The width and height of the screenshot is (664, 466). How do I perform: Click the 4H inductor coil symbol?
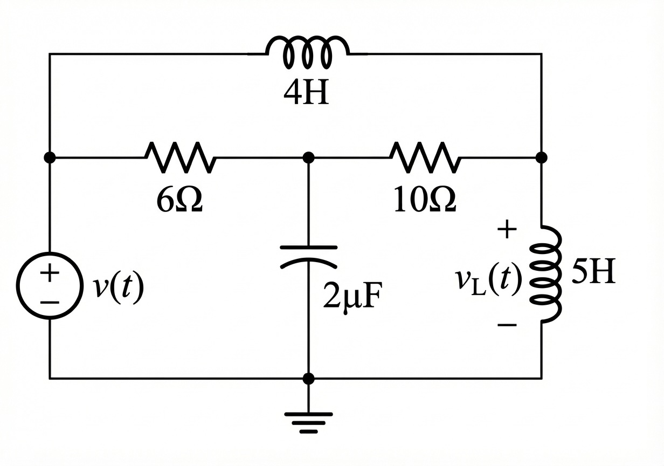(x=308, y=51)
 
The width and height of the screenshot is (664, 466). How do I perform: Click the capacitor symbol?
(x=308, y=256)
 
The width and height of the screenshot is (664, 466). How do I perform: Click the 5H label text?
(x=593, y=273)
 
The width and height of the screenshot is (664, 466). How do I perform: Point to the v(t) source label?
(x=118, y=287)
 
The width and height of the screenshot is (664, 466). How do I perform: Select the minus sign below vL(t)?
(x=507, y=325)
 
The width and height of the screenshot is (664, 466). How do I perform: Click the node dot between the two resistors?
(x=308, y=157)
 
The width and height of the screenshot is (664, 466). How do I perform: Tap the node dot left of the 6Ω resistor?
(x=50, y=157)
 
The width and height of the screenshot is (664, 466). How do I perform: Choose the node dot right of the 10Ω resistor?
(x=542, y=157)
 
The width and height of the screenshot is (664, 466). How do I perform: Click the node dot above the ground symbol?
(x=308, y=379)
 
